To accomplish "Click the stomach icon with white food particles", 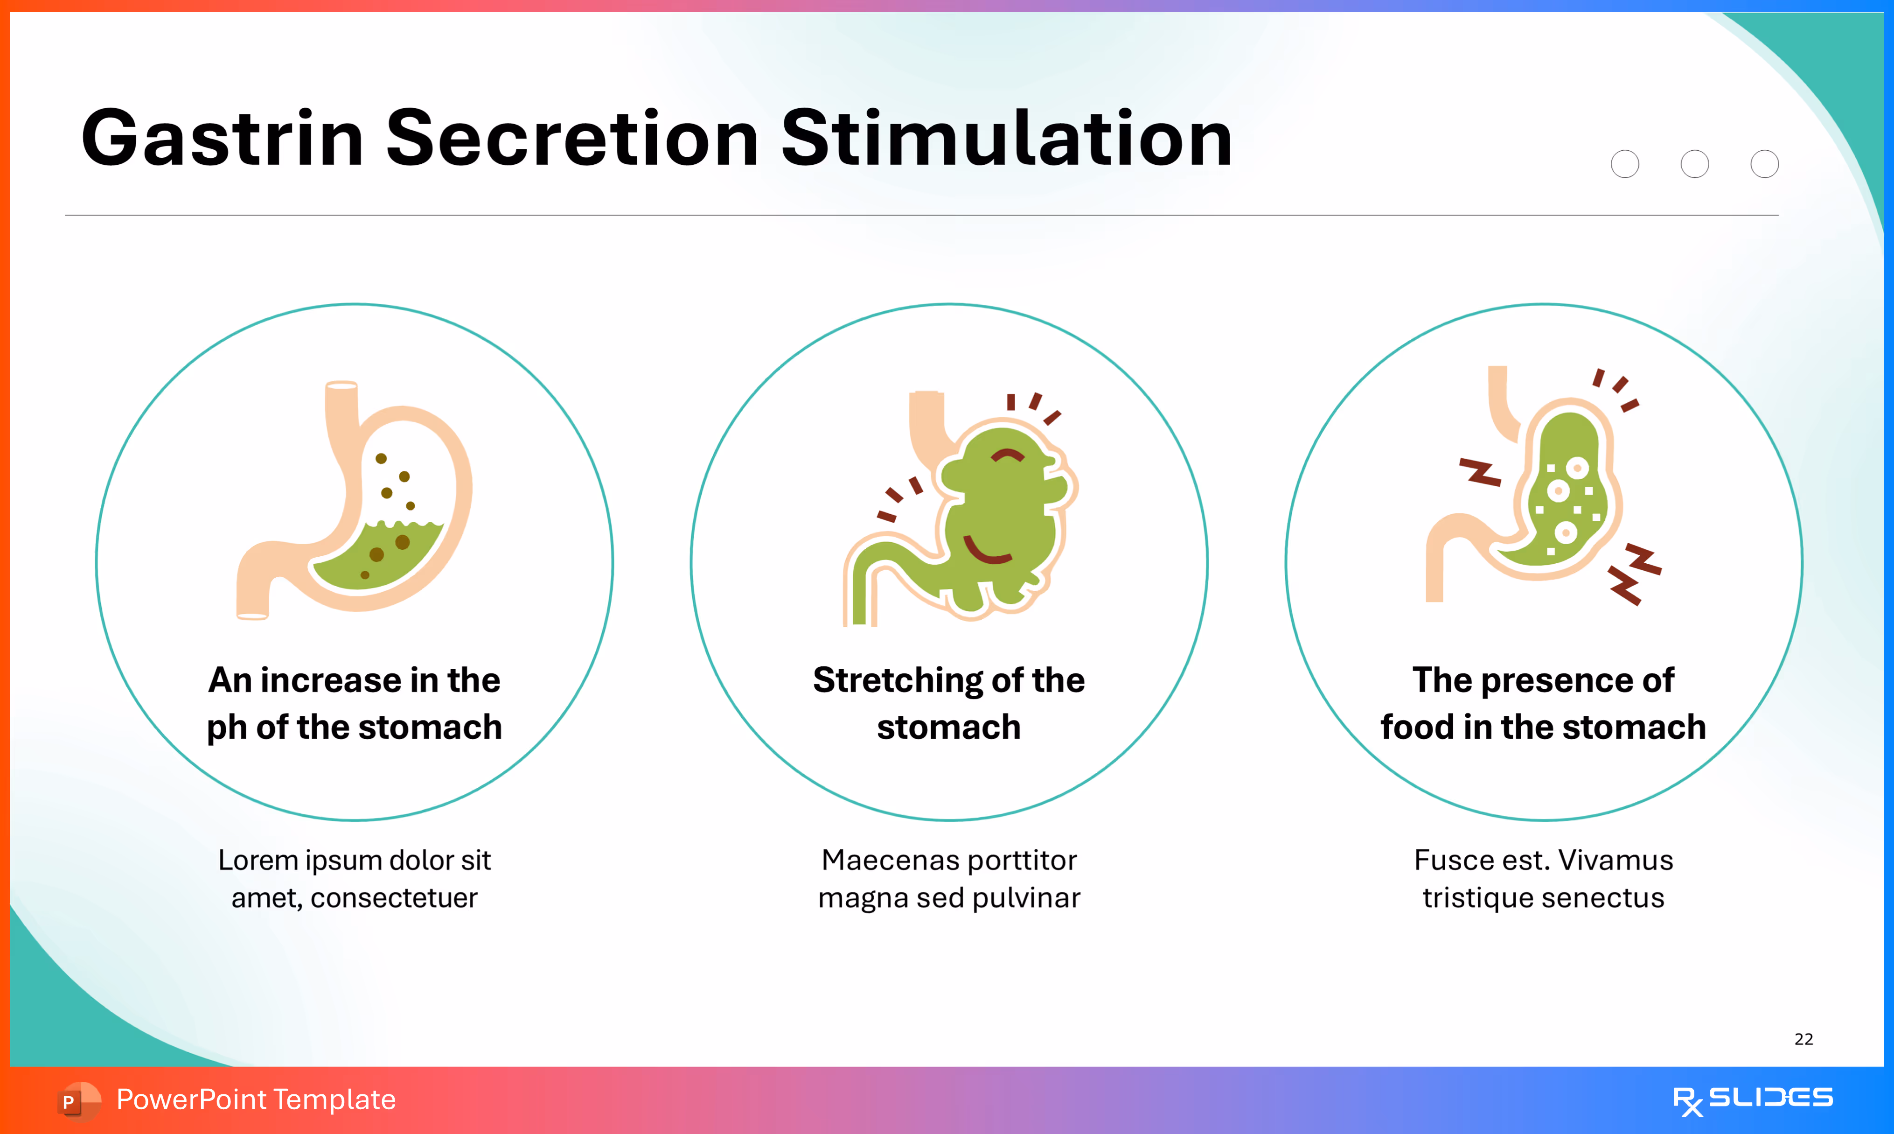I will click(x=1550, y=489).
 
